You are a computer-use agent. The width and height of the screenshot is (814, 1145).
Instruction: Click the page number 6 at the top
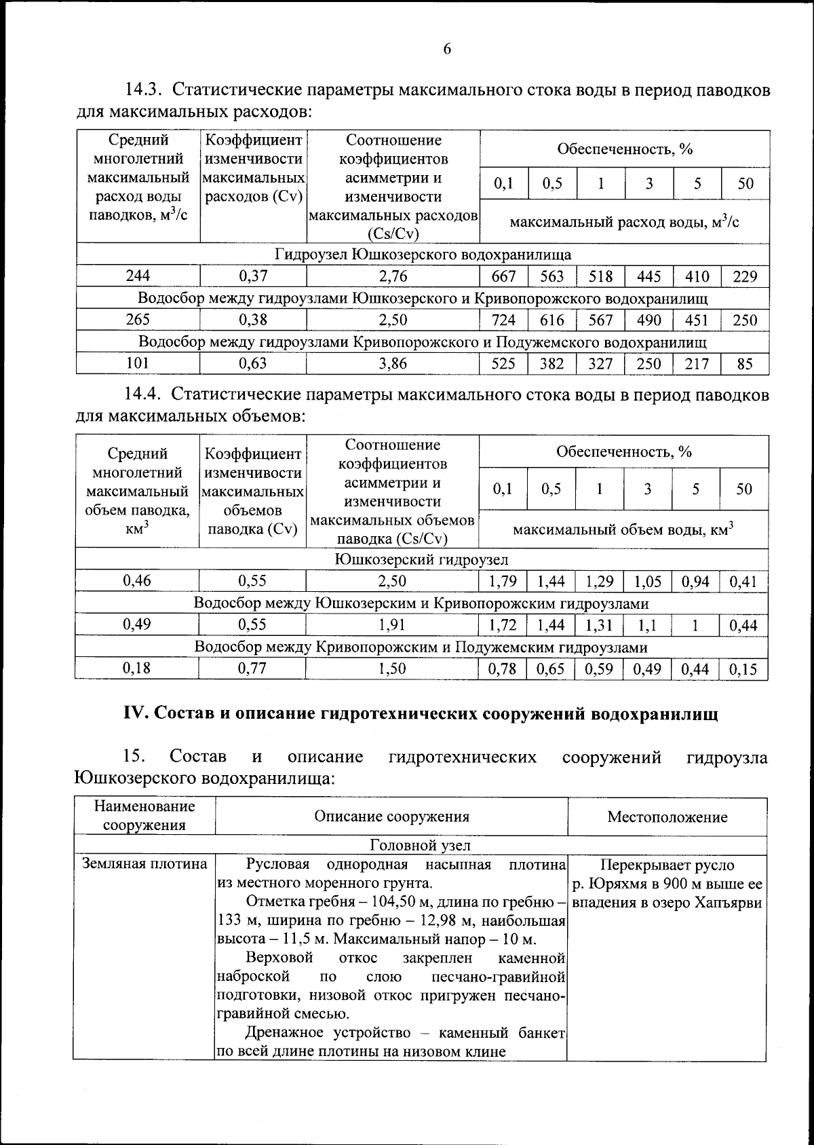(446, 49)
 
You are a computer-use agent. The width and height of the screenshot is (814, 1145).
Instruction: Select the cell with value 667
(503, 276)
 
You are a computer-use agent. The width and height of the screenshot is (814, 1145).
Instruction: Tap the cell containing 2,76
(393, 276)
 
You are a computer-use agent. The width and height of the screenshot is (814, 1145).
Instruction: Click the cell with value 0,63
(253, 363)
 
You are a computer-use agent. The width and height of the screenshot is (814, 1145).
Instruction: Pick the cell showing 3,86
(393, 363)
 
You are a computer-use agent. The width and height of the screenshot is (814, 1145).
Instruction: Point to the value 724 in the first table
(503, 320)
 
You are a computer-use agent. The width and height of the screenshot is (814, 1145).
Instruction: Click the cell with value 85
(744, 364)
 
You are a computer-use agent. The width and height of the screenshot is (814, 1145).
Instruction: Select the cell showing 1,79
(502, 581)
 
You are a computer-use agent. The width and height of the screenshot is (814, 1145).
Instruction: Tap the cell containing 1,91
(392, 624)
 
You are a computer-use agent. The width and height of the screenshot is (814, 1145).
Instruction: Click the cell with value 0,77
(252, 668)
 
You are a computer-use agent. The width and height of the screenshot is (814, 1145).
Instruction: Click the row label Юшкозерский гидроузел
(421, 559)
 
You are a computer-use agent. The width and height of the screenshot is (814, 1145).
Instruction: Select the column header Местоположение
(667, 816)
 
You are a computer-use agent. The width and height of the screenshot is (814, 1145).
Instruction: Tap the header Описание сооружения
(391, 816)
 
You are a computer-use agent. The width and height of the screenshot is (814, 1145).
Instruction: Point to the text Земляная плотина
(144, 864)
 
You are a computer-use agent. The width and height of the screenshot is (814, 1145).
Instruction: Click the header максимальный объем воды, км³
(623, 529)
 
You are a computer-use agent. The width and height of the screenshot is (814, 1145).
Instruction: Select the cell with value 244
(138, 276)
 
